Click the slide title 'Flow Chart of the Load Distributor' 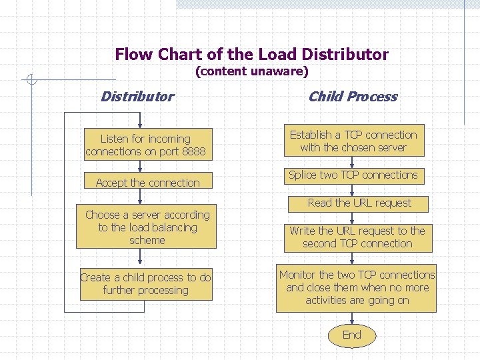coord(251,54)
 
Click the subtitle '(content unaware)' coord(251,71)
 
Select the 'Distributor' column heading coord(137,97)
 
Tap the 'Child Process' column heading coord(352,97)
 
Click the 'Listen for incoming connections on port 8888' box coord(146,145)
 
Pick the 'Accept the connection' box coord(147,182)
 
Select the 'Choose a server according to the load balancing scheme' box coord(147,227)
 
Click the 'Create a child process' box coord(145,284)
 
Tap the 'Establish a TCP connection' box coord(353,141)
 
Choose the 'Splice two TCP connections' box coord(353,175)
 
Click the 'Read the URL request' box coord(359,203)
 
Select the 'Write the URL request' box coord(357,237)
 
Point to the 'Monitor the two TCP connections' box coord(357,287)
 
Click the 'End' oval coord(351,335)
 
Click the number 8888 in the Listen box coord(193,152)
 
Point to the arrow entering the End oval coord(351,318)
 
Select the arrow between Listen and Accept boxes coord(141,167)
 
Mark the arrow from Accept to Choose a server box coord(141,197)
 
